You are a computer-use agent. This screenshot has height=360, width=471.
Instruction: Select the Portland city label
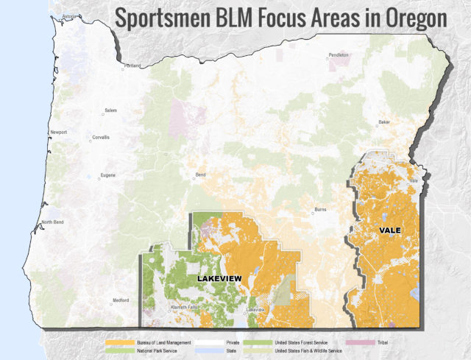[x=132, y=66]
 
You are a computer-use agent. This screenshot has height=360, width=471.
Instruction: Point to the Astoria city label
[x=68, y=15]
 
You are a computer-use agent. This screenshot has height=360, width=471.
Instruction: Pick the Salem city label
[x=110, y=110]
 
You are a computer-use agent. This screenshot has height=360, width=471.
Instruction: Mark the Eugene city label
[x=107, y=175]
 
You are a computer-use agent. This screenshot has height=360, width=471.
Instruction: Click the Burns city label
[x=320, y=210]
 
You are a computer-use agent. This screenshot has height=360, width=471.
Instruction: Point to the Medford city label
[x=120, y=300]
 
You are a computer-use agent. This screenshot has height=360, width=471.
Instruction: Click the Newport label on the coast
[x=58, y=133]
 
